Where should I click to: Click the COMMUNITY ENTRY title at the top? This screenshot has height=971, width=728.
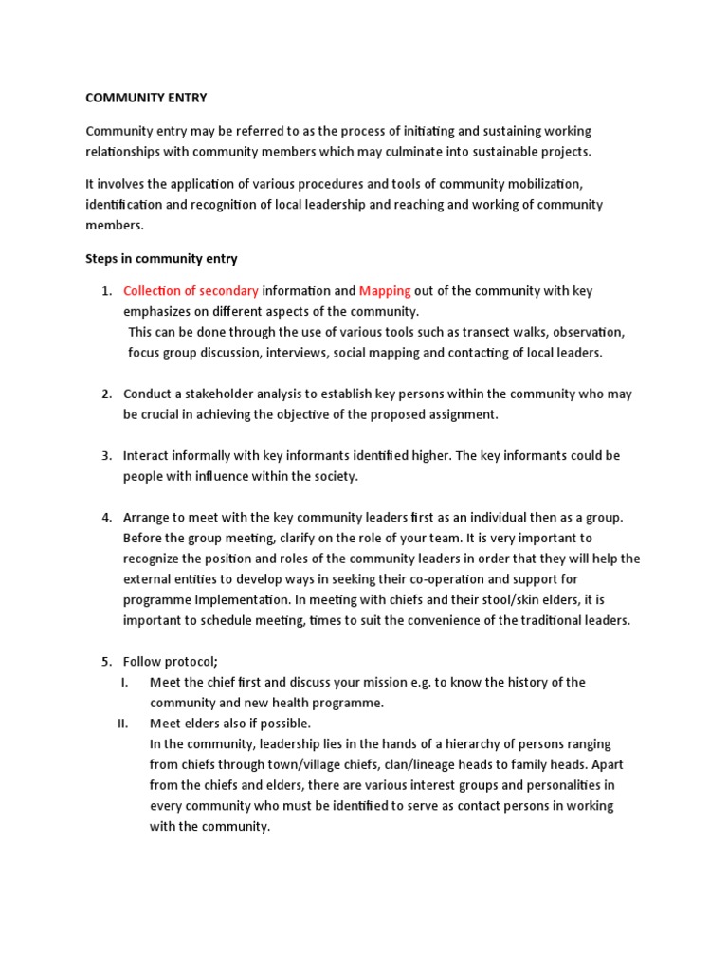pos(146,98)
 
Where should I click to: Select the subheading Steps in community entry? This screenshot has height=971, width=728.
pos(161,259)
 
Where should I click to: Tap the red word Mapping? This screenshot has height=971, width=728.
pos(385,291)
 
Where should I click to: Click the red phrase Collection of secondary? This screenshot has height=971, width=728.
pos(191,291)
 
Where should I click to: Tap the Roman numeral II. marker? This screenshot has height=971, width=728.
pos(122,724)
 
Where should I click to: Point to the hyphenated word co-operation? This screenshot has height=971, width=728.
pos(459,579)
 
